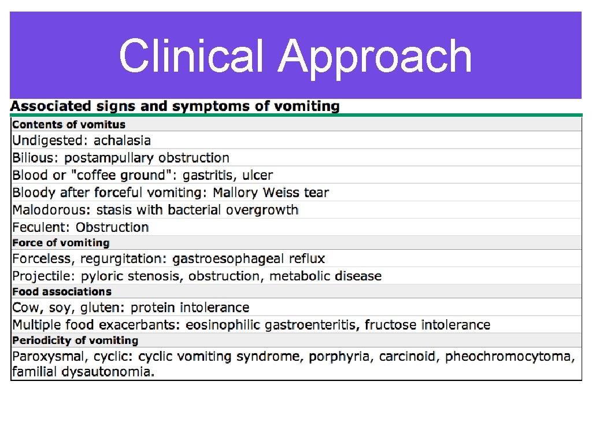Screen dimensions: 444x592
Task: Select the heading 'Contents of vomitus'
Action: (69, 124)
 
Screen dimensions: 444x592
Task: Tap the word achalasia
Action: (122, 140)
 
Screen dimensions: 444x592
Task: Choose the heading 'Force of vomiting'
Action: (61, 243)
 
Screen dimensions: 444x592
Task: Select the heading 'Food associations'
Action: (62, 291)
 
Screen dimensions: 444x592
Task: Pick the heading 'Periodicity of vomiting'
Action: (75, 341)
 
